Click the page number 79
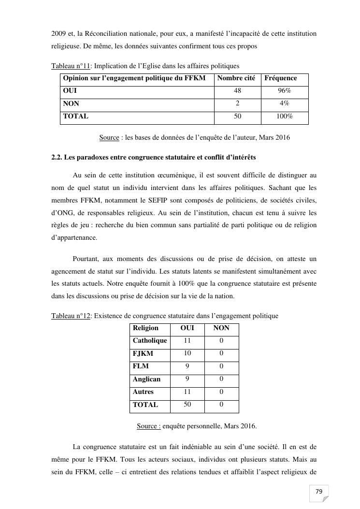coord(318,492)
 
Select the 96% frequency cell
coord(284,90)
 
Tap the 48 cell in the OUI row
coord(237,90)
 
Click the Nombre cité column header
coord(236,78)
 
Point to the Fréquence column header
coord(280,78)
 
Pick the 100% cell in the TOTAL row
coord(284,116)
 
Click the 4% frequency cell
coord(284,103)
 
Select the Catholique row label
coord(150,341)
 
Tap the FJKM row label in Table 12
coord(143,353)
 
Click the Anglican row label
coord(146,379)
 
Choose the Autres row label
coord(143,392)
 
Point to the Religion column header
coord(145,328)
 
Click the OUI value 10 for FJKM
coord(187,353)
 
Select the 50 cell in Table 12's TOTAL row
coord(187,405)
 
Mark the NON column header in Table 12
coord(221,328)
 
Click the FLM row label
coord(141,366)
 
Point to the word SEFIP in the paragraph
coord(143,200)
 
